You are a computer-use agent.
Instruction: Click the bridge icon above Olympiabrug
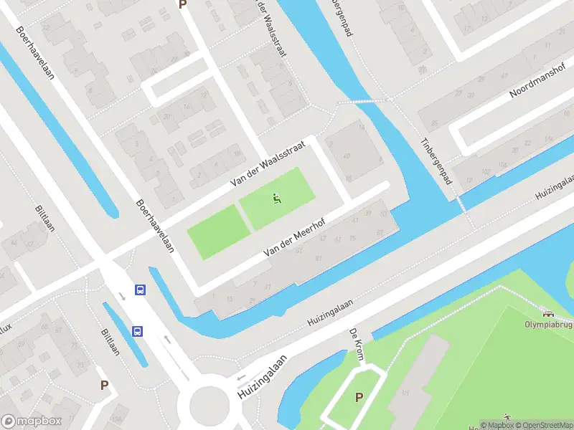coord(549,312)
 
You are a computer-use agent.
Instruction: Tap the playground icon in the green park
coord(278,199)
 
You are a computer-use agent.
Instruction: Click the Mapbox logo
coord(32,421)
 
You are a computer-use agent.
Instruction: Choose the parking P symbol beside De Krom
coord(358,398)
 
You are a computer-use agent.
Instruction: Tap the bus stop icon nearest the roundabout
coord(138,331)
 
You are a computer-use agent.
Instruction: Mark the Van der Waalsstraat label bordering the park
coord(268,164)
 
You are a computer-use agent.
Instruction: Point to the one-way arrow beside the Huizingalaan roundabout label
coord(240,378)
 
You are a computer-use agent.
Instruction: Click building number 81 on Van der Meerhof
coord(318,258)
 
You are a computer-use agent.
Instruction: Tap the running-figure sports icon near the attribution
coord(508,416)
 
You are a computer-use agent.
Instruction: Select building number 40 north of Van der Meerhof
coord(347,156)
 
